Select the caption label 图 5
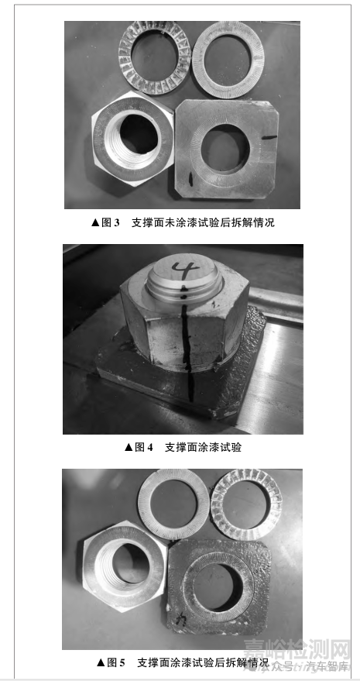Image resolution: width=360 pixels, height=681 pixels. pyautogui.click(x=111, y=662)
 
